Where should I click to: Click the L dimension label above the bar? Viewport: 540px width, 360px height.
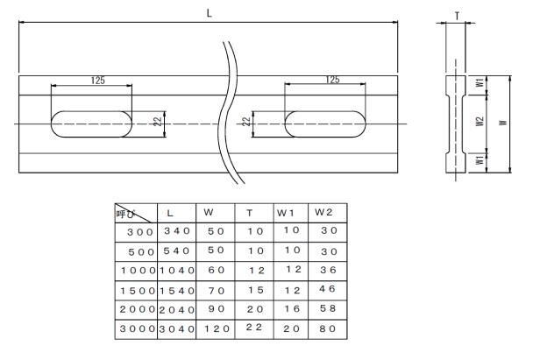point(209,15)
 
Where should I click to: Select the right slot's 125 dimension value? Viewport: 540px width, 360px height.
point(332,80)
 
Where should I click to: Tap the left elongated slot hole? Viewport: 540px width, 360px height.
point(92,124)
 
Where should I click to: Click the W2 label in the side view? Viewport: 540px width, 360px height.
point(479,123)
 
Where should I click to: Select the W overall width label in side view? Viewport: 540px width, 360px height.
point(502,123)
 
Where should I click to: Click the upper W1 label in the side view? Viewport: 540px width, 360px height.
point(479,84)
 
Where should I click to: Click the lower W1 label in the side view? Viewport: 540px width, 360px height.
point(479,161)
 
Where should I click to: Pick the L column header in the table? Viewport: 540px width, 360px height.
point(171,213)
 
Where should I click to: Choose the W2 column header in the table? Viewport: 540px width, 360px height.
point(323,213)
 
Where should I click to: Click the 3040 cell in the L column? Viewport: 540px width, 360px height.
point(177,330)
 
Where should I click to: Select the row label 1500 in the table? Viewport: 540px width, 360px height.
point(135,290)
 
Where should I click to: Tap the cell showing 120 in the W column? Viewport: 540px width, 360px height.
point(216,330)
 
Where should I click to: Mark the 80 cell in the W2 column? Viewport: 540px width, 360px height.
point(327,330)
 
